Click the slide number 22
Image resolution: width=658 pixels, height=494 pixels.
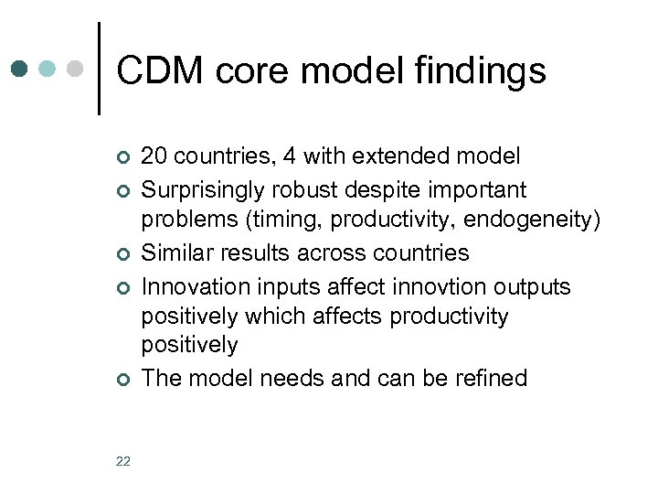(123, 461)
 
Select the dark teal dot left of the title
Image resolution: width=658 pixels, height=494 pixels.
(20, 69)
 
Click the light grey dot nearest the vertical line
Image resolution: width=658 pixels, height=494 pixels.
(77, 69)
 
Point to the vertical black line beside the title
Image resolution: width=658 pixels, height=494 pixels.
(98, 69)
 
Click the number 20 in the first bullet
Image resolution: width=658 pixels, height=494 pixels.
(154, 156)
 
